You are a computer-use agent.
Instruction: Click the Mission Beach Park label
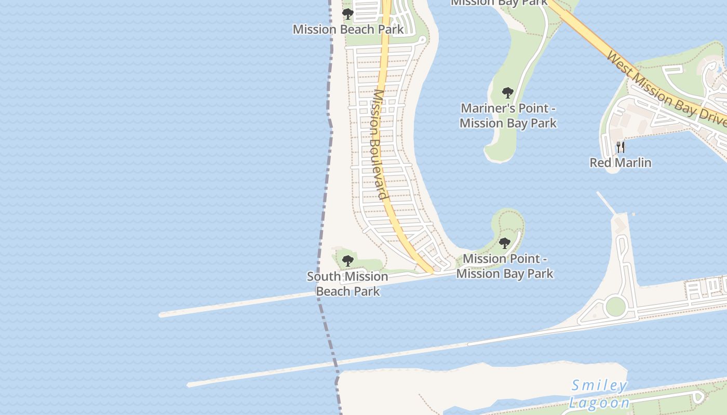tap(348, 29)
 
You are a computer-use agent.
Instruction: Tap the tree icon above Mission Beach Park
tap(348, 13)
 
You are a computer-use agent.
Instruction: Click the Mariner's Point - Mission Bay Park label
tap(508, 116)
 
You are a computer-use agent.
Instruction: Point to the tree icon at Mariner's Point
tap(508, 93)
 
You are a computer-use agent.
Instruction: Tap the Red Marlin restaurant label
tap(620, 162)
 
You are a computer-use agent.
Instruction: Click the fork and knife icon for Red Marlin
tap(620, 147)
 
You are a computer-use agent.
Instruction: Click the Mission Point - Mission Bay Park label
tap(505, 266)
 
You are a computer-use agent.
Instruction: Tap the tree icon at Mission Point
tap(504, 243)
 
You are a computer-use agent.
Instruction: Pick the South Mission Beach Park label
tap(347, 284)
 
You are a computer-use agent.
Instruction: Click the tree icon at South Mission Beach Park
tap(347, 260)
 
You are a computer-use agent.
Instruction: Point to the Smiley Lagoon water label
tap(599, 394)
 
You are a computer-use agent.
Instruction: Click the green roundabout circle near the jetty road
tap(615, 306)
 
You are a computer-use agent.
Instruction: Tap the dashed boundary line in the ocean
tap(326, 182)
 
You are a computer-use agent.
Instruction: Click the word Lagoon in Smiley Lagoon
tap(599, 403)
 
